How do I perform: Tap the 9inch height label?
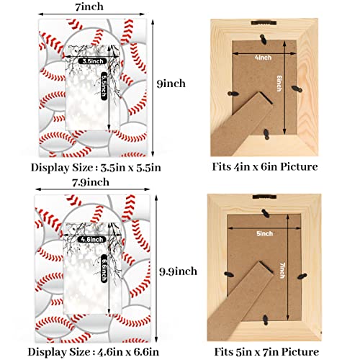[171, 84]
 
